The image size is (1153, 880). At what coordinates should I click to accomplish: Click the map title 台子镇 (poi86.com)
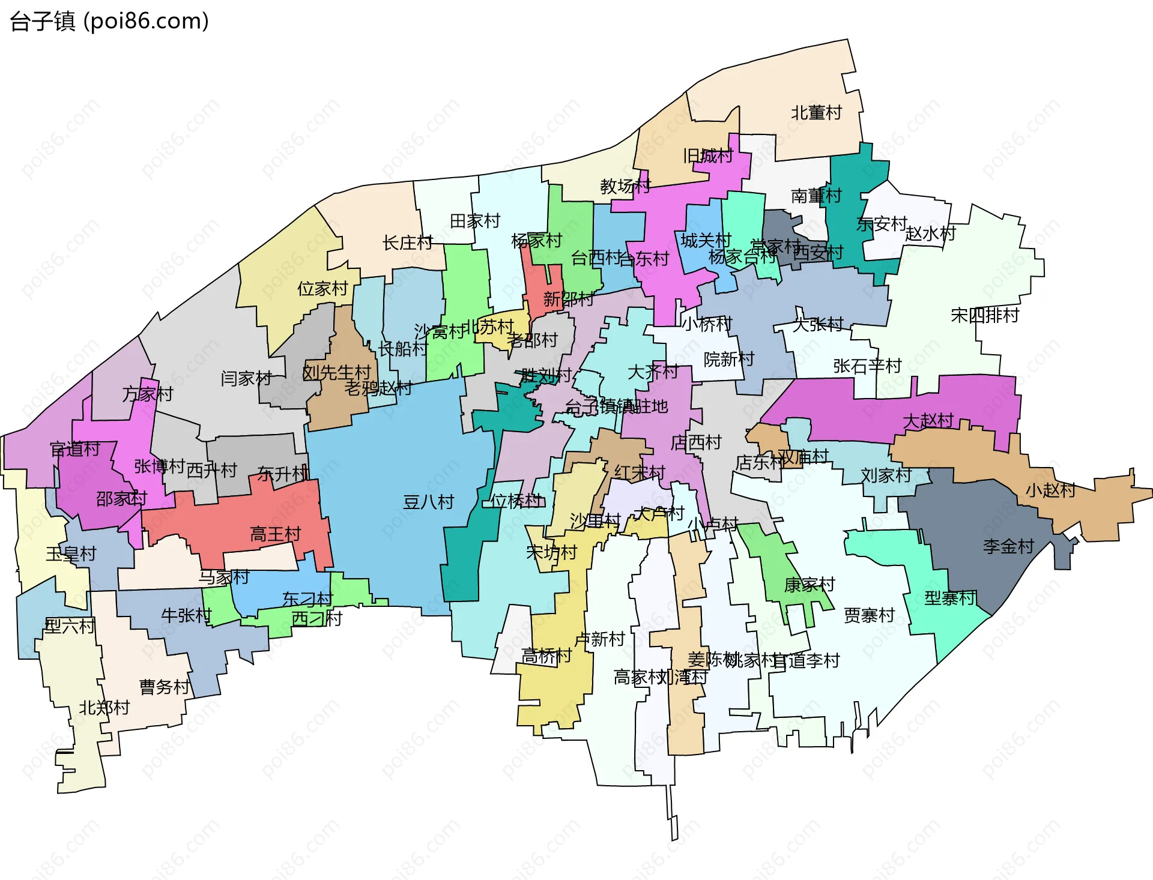pos(109,22)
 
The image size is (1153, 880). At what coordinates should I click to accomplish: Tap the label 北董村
pos(816,113)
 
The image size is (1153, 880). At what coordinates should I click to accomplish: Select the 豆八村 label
pos(428,502)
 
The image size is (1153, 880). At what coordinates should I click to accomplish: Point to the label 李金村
pos(1008,546)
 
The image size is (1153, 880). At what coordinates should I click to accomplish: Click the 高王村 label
pos(275,534)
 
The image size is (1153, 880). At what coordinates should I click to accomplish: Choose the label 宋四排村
pos(985,315)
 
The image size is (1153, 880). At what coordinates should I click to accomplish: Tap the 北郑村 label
pos(104,708)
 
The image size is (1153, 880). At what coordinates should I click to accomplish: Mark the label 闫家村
pos(246,378)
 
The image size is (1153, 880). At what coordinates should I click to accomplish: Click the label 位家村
pos(322,289)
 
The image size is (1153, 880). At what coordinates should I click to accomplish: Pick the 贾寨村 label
pos(869,615)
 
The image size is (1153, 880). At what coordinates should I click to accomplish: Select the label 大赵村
pos(928,420)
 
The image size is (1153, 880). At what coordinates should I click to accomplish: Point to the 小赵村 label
pos(1050,490)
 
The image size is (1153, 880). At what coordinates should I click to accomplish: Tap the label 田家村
pos(475,221)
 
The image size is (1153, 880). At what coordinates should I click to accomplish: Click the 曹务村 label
pos(165,687)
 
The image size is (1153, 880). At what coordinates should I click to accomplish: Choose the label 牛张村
pos(186,615)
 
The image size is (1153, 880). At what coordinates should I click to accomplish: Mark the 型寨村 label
pos(949,598)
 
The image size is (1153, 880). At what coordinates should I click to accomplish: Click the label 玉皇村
pos(71,553)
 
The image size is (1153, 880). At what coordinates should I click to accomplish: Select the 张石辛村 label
pos(867,366)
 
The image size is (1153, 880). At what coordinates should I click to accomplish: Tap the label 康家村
pos(810,584)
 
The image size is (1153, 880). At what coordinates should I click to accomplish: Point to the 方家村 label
pos(147,394)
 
